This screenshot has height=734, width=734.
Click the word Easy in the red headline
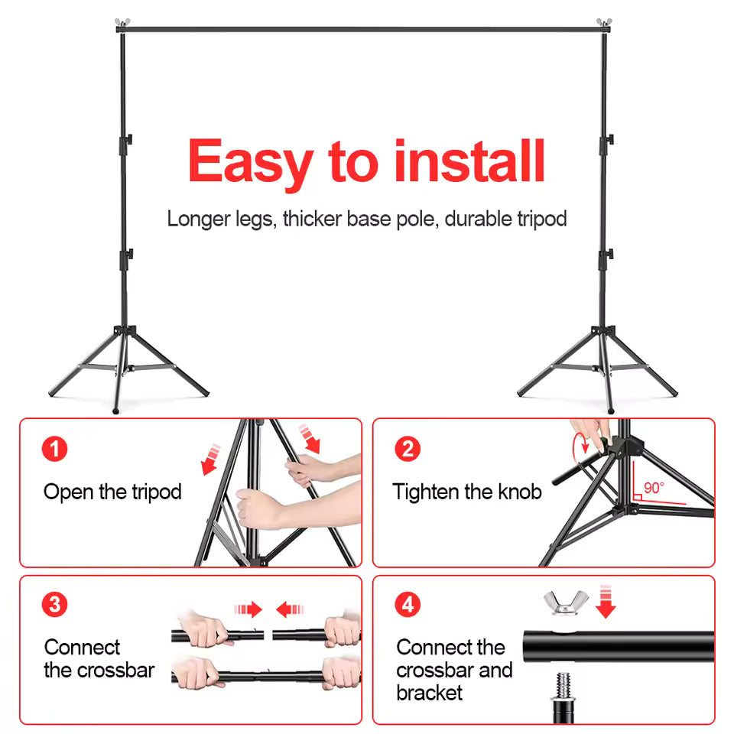point(250,163)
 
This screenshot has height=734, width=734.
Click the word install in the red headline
point(469,161)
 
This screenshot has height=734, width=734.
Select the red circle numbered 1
point(54,448)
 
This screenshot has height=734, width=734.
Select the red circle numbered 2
point(408,448)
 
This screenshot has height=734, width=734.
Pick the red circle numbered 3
point(54,605)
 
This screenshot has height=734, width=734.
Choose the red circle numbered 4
point(408,605)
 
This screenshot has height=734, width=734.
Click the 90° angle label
point(654,487)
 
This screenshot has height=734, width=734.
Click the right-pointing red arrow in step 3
point(248,609)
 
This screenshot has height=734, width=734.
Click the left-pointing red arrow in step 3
point(290,609)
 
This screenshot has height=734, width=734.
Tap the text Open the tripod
point(112,492)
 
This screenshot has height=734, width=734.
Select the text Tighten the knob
point(466,492)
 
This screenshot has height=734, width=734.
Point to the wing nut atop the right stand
point(604,22)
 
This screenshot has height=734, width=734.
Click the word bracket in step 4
point(430,693)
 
